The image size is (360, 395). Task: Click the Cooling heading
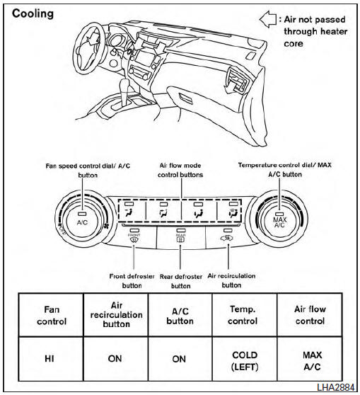33,13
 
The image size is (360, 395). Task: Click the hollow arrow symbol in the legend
268,18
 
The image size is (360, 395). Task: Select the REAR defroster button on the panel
180,237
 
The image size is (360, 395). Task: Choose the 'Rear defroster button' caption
181,281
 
